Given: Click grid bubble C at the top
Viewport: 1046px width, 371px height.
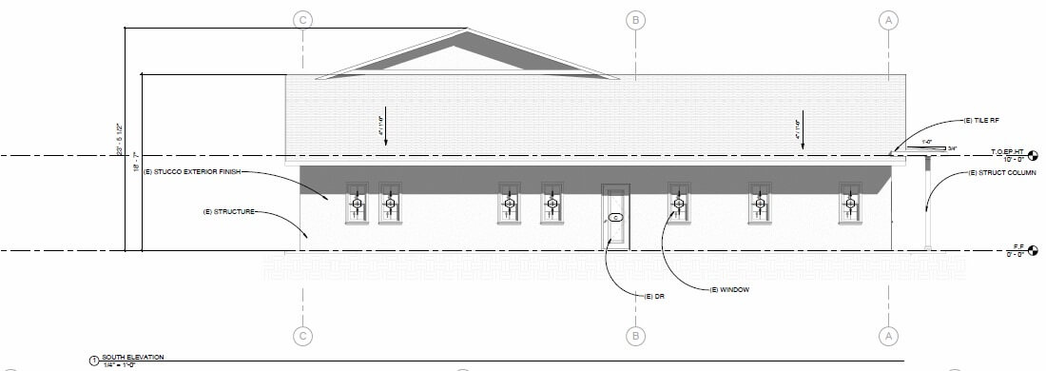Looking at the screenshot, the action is click(302, 19).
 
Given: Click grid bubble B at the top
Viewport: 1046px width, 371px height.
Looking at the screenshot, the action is click(635, 19).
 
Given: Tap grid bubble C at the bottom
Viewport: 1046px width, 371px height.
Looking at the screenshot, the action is click(302, 335).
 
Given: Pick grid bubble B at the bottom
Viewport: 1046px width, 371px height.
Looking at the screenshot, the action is click(635, 335).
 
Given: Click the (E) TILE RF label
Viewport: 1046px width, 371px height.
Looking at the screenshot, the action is click(980, 121).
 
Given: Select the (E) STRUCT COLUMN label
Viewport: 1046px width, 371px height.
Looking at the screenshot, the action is click(999, 172).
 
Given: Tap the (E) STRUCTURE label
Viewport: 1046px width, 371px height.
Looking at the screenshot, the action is click(228, 211).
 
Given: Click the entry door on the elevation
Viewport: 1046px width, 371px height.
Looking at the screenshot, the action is click(615, 217).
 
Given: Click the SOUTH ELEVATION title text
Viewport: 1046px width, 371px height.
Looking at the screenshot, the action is click(128, 358).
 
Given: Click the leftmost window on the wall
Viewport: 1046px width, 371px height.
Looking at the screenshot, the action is click(357, 203).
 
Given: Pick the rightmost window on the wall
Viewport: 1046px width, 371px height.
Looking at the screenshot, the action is click(849, 203).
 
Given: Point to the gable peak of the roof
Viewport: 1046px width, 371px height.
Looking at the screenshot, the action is click(466, 31).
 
